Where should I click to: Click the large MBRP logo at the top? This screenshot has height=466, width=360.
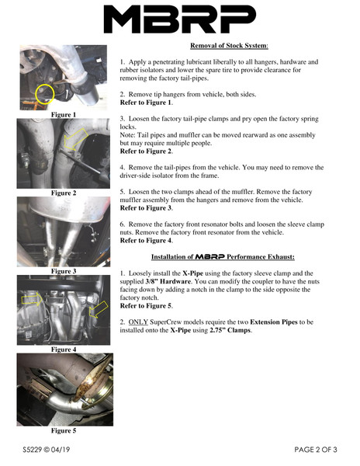tap(179, 19)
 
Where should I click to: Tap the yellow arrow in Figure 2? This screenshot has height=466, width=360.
tap(75, 139)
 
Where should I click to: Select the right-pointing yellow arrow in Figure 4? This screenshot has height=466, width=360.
tap(32, 299)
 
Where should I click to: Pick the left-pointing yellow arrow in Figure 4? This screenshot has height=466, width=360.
tap(99, 309)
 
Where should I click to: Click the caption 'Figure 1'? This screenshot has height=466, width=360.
tap(64, 115)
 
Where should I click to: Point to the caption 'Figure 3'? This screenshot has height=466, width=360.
tap(64, 271)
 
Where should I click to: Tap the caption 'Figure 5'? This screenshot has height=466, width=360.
tap(64, 430)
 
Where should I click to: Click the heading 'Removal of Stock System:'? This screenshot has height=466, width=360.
tap(229, 46)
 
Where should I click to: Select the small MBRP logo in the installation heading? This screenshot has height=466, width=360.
tap(209, 256)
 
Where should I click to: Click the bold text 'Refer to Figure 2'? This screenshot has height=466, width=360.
tap(146, 151)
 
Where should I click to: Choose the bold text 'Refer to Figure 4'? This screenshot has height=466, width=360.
tap(146, 241)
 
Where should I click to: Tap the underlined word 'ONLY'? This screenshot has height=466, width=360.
tap(138, 322)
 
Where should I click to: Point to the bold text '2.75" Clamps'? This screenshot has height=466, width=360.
tap(230, 330)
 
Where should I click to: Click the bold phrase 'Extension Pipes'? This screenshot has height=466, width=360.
tap(274, 322)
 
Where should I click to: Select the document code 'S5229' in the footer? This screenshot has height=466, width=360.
tap(33, 450)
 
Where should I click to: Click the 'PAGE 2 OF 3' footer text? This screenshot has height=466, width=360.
tap(316, 450)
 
